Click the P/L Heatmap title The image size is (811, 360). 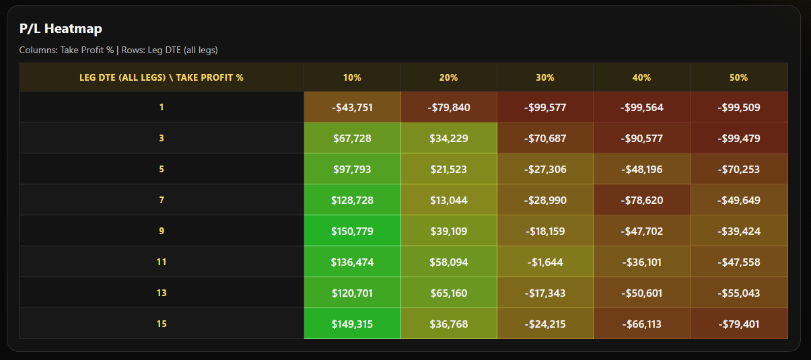tap(61, 28)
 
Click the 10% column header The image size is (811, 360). tap(352, 77)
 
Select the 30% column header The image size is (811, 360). tap(545, 77)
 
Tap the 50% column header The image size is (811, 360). tap(738, 77)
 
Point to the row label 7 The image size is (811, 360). tap(162, 200)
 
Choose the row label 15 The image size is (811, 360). tap(162, 324)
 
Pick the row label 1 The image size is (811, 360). tap(162, 107)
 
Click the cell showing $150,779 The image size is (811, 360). tap(352, 231)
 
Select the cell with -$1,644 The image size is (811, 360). tap(545, 262)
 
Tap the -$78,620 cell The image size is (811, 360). tap(641, 200)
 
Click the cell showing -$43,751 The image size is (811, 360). tap(352, 107)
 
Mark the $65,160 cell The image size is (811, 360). tap(448, 293)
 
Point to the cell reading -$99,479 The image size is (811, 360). tap(738, 138)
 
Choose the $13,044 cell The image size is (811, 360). tap(448, 200)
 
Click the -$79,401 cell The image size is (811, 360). tap(738, 324)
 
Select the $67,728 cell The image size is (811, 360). tap(352, 138)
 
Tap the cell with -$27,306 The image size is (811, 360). tap(545, 169)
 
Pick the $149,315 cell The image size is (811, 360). tap(352, 324)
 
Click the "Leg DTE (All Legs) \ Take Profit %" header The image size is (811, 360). tap(162, 77)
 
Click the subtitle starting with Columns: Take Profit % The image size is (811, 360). tap(118, 50)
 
